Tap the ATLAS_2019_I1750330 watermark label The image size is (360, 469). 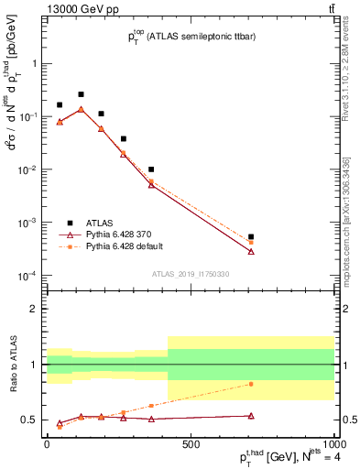pyautogui.click(x=191, y=274)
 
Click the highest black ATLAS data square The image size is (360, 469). pyautogui.click(x=81, y=94)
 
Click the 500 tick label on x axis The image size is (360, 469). pyautogui.click(x=190, y=444)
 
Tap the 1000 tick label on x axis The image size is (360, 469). pyautogui.click(x=333, y=444)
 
